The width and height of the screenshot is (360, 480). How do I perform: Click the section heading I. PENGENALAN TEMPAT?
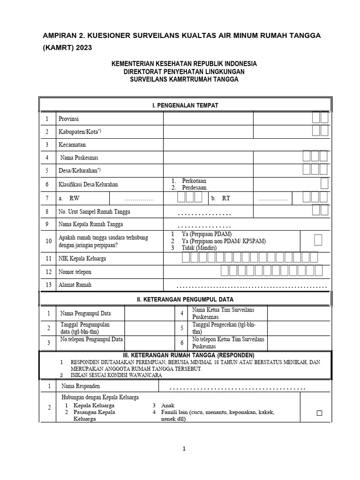pyautogui.click(x=185, y=105)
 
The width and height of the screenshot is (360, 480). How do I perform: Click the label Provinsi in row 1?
pyautogui.click(x=68, y=119)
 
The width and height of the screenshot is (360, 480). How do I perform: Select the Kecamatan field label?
pyautogui.click(x=72, y=145)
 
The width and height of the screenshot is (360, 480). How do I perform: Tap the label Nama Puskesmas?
pyautogui.click(x=79, y=157)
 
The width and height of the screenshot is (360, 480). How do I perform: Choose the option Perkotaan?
pyautogui.click(x=194, y=180)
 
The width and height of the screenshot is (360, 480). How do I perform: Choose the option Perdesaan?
pyautogui.click(x=194, y=187)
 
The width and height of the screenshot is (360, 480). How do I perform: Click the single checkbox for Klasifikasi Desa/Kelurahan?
pyautogui.click(x=324, y=183)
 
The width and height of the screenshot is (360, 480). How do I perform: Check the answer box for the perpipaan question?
pyautogui.click(x=318, y=240)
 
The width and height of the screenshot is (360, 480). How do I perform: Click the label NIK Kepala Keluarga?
pyautogui.click(x=82, y=258)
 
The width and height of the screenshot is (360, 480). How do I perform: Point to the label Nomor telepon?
pyautogui.click(x=75, y=271)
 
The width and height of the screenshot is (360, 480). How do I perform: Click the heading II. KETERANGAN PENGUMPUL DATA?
pyautogui.click(x=185, y=299)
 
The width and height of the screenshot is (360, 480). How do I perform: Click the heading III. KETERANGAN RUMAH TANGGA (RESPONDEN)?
pyautogui.click(x=185, y=354)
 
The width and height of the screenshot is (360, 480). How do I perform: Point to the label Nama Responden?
pyautogui.click(x=80, y=386)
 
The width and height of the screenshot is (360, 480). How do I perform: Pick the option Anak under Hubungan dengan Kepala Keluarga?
pyautogui.click(x=168, y=405)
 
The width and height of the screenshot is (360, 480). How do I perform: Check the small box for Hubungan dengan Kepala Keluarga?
pyautogui.click(x=320, y=413)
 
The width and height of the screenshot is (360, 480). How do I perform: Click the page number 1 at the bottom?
pyautogui.click(x=185, y=449)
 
